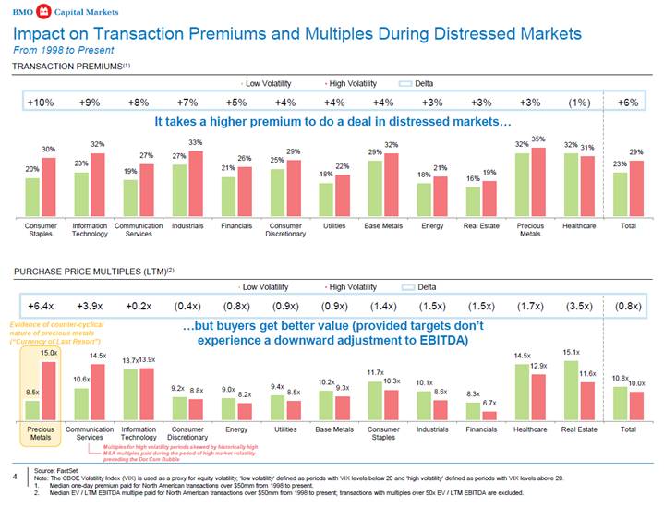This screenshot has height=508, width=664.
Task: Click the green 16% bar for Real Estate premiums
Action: pos(472,201)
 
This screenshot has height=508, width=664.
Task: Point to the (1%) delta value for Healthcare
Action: pos(579,102)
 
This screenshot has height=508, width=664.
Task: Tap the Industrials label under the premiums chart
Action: pos(187,225)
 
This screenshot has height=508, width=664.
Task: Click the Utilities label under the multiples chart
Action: pos(284,429)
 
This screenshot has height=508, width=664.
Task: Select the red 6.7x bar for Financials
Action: pos(489,415)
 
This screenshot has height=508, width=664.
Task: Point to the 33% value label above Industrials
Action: pos(195,142)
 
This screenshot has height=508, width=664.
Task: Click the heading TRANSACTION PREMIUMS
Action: pos(69,66)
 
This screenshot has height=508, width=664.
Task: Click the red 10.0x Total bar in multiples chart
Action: pos(636,405)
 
